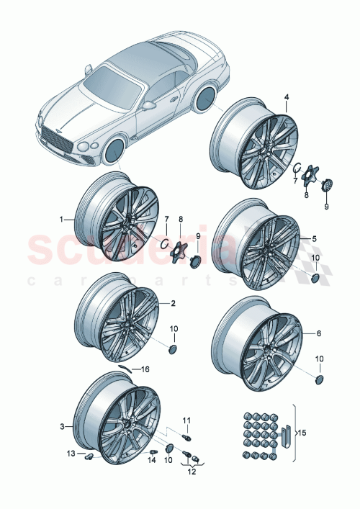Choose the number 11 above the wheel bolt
click(x=186, y=420)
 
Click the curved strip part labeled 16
click(x=127, y=366)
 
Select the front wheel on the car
click(x=113, y=153)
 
